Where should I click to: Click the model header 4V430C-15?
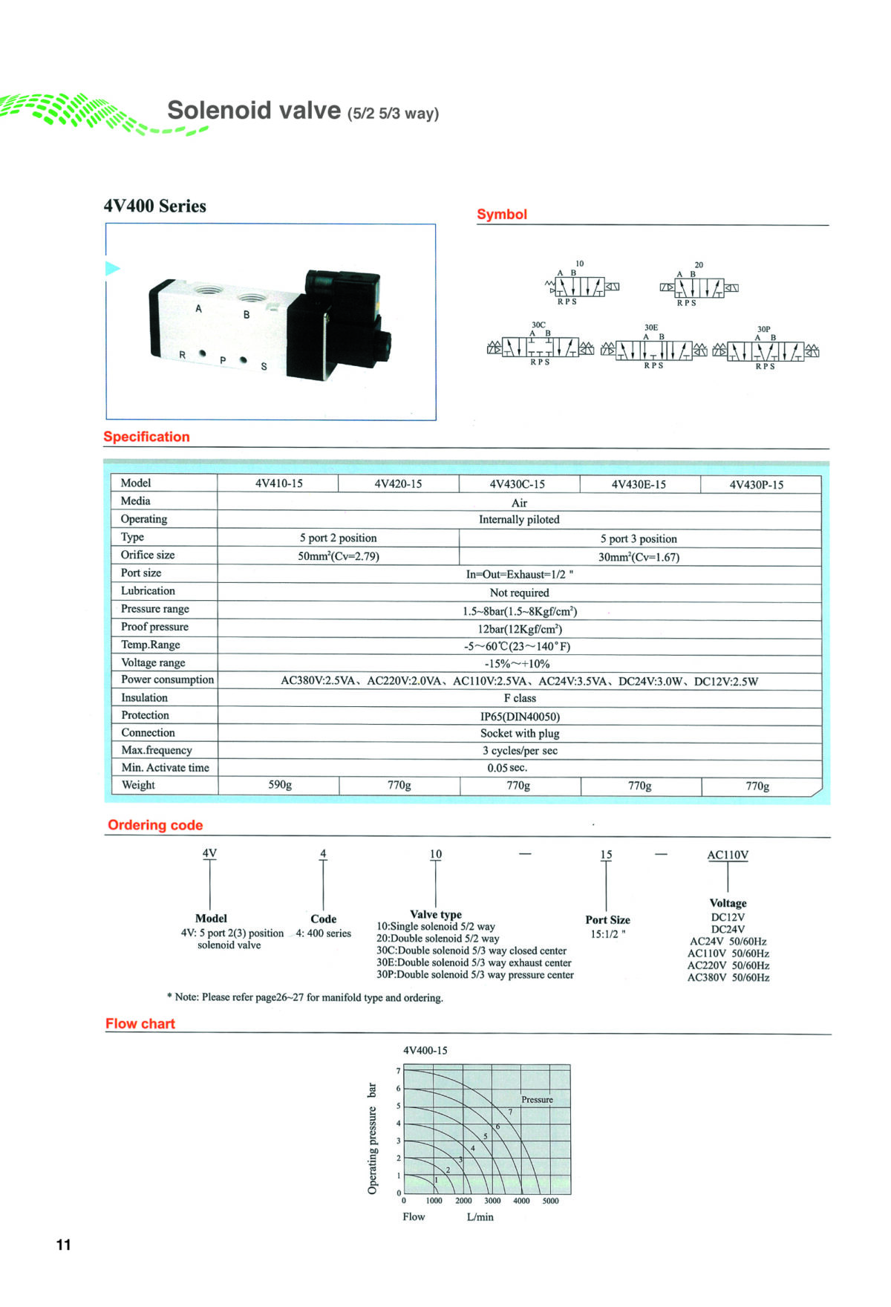click(517, 484)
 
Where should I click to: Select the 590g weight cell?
click(280, 784)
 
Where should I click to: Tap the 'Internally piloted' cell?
click(519, 519)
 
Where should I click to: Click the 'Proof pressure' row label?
click(154, 627)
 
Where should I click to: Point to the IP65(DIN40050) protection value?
click(520, 717)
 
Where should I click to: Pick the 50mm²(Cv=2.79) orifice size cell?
click(339, 556)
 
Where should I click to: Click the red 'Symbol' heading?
click(502, 215)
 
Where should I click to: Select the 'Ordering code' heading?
click(155, 825)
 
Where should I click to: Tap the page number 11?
click(64, 1245)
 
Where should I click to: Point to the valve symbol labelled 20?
click(699, 285)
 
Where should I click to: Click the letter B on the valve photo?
click(247, 315)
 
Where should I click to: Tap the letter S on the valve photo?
click(264, 367)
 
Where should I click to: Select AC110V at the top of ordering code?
click(728, 855)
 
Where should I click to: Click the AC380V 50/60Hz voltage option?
click(728, 978)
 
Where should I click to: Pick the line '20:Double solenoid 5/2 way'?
click(438, 939)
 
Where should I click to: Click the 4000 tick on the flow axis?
click(521, 1201)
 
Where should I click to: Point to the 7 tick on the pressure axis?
click(399, 1071)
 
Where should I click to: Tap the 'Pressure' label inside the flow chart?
click(537, 1100)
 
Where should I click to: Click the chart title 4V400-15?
click(425, 1050)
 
